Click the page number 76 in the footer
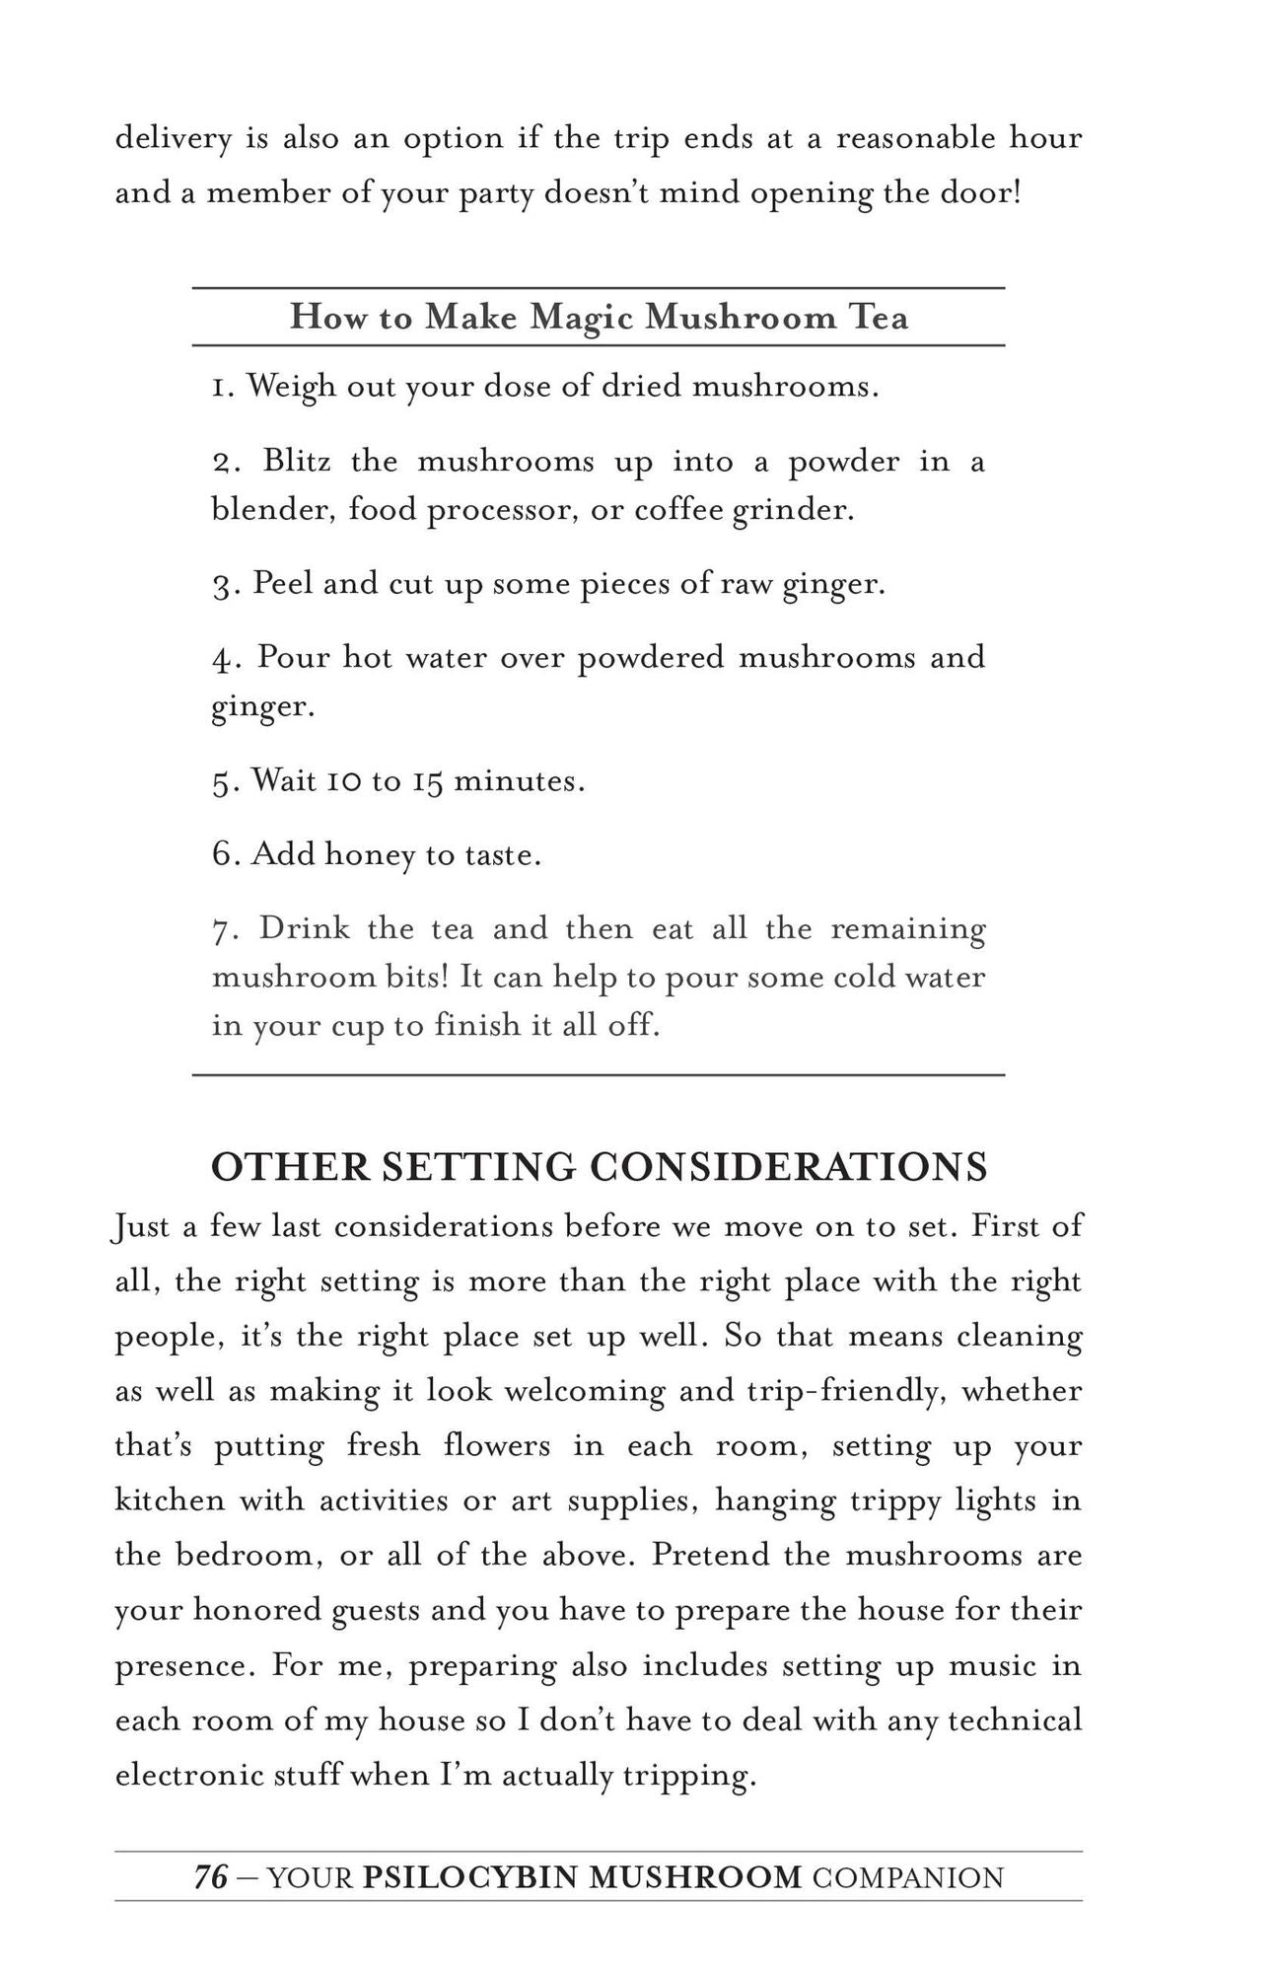[x=210, y=1876]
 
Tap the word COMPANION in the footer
[x=908, y=1876]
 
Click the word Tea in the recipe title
[x=878, y=318]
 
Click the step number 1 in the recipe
[x=220, y=387]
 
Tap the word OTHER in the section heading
[x=290, y=1167]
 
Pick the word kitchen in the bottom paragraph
[x=170, y=1500]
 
